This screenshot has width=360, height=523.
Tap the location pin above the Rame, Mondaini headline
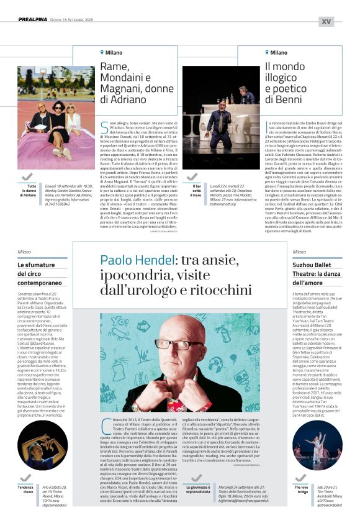(x=102, y=53)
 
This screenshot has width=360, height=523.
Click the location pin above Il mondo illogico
(x=268, y=53)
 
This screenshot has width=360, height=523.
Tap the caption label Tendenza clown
(x=25, y=491)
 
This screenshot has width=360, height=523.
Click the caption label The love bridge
(x=301, y=491)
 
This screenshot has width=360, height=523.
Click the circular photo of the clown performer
(x=42, y=445)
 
